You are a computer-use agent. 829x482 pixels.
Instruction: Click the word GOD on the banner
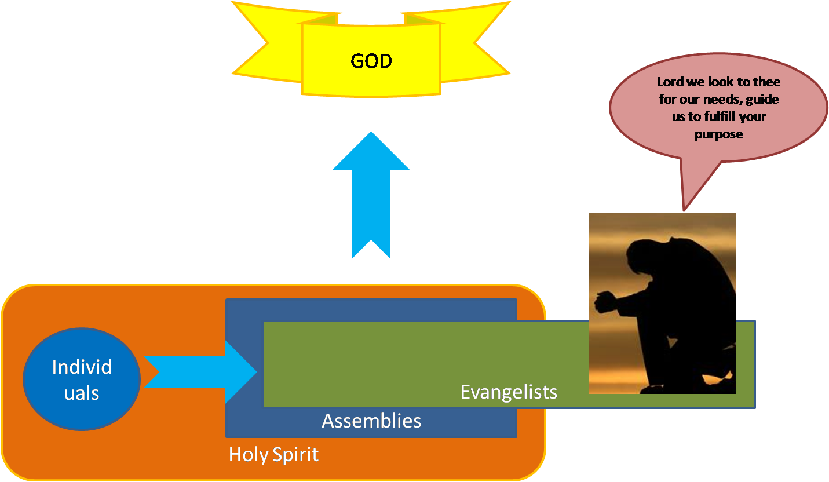(x=371, y=61)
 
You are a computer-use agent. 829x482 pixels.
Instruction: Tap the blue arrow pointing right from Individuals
(x=200, y=372)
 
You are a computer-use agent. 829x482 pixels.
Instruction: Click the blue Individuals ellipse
(x=82, y=379)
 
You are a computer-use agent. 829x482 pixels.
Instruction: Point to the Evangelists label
(x=509, y=392)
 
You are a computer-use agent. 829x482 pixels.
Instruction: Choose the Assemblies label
(x=371, y=421)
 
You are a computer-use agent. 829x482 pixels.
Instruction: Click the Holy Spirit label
(x=273, y=455)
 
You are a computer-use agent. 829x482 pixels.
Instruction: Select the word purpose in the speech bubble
(x=718, y=134)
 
